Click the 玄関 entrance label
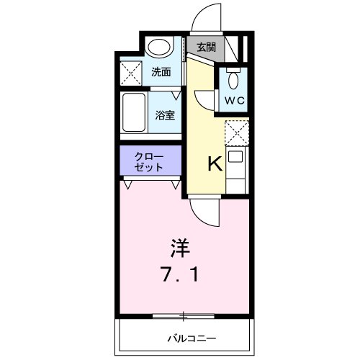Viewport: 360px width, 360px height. click(x=206, y=48)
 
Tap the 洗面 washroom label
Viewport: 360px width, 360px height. click(x=161, y=72)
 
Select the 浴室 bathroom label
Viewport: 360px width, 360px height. click(x=165, y=114)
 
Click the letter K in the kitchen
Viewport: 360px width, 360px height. click(x=215, y=164)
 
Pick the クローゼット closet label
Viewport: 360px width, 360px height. click(x=150, y=162)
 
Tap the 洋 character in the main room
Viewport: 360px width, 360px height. click(x=180, y=249)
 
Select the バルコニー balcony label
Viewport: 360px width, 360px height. click(x=192, y=338)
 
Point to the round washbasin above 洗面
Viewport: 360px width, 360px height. click(x=158, y=48)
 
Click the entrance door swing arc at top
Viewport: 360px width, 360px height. click(x=210, y=18)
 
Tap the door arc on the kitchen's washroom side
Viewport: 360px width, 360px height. click(x=203, y=101)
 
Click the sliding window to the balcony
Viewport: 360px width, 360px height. click(x=184, y=315)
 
